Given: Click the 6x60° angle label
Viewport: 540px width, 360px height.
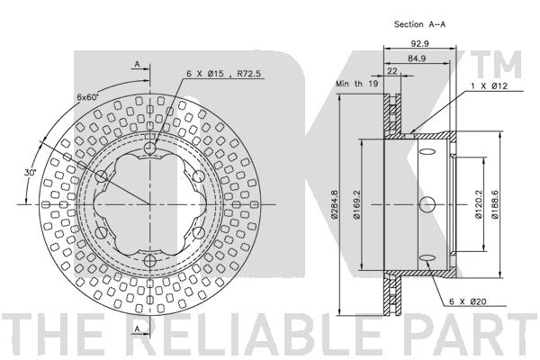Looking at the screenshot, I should tap(88, 97).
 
